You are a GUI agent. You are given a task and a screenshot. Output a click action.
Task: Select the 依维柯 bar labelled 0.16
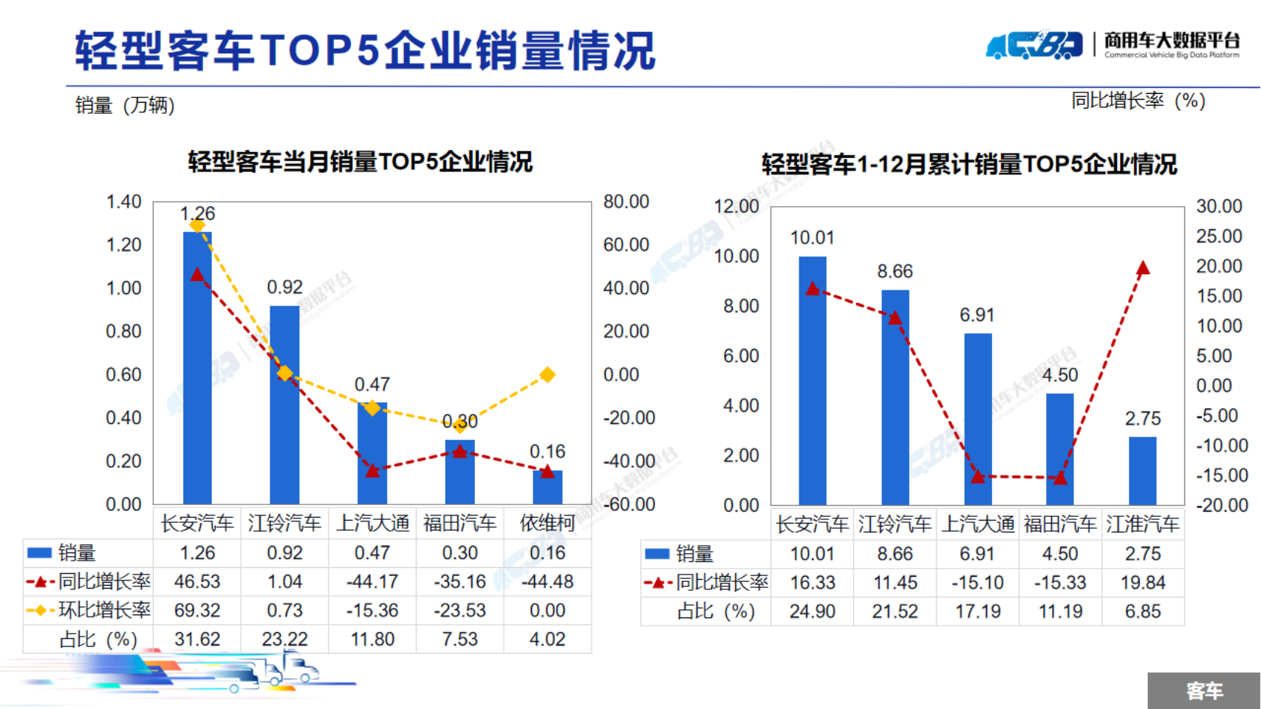click(x=547, y=487)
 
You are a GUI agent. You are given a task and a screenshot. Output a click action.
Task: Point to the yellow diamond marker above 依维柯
click(x=547, y=375)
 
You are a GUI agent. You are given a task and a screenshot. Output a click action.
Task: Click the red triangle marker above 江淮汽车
click(x=1143, y=268)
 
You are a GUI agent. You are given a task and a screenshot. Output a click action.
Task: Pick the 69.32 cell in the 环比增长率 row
click(x=197, y=611)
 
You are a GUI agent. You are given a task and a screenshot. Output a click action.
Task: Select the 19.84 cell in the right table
click(x=1143, y=583)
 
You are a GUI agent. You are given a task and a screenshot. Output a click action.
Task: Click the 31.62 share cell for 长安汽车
click(x=197, y=639)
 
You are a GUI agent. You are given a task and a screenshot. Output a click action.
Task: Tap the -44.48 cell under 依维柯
click(x=547, y=582)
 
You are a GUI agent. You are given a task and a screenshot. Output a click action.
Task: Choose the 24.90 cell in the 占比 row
click(x=812, y=612)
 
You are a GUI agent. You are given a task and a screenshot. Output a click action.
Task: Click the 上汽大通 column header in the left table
click(x=372, y=524)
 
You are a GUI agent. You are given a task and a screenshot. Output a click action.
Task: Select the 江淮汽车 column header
click(x=1143, y=524)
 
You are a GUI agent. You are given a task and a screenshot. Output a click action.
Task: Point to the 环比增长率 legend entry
click(x=89, y=611)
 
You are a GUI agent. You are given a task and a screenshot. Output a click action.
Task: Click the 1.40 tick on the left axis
click(x=123, y=202)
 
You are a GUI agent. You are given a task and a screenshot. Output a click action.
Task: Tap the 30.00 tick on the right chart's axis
click(x=1219, y=206)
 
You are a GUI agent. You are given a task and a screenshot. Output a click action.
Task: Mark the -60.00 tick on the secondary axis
click(x=629, y=504)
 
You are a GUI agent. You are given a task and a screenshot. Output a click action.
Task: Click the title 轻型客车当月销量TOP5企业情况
click(x=360, y=162)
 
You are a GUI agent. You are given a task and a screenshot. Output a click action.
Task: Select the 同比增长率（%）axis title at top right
click(x=1138, y=100)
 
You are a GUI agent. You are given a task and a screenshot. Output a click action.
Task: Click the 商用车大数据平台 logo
click(x=1113, y=46)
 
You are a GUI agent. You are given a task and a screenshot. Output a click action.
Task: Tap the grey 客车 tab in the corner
click(x=1204, y=691)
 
